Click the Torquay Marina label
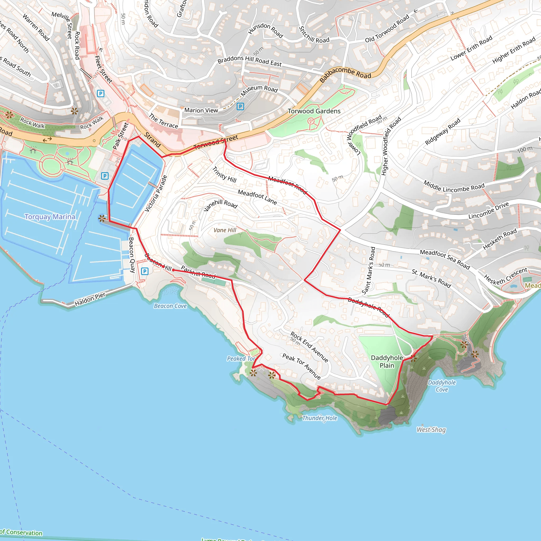pos(50,217)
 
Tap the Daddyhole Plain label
pos(387,362)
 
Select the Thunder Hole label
pos(320,418)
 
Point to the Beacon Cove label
pos(170,306)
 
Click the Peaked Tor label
pos(241,358)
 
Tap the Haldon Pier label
pos(90,299)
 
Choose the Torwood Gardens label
pos(314,111)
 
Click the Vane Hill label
pos(225,230)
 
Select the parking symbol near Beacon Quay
pos(144,271)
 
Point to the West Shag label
pos(431,430)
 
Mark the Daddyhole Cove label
pos(442,386)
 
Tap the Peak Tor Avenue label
pos(301,366)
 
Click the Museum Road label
pos(259,90)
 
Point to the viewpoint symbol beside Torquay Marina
pos(102,218)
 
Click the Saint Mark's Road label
pos(368,270)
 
